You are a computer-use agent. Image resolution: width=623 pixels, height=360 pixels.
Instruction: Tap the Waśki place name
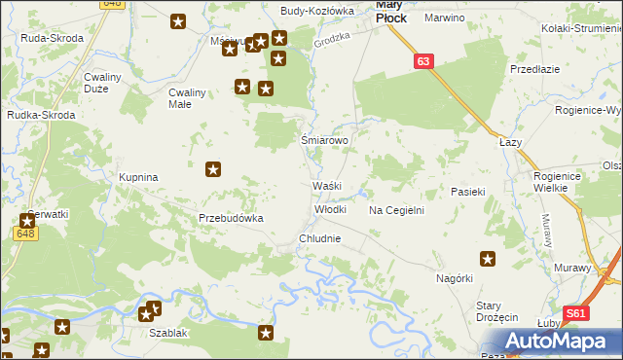click(325, 186)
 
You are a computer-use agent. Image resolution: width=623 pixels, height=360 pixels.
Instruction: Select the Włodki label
click(330, 209)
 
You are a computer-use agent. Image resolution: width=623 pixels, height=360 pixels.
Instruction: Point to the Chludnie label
click(319, 238)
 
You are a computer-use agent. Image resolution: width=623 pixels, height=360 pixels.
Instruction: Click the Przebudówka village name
click(232, 218)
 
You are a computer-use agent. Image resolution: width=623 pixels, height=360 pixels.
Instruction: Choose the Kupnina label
click(138, 178)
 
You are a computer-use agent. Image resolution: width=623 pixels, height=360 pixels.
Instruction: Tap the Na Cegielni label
click(396, 210)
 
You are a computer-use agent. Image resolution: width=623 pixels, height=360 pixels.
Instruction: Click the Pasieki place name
click(467, 193)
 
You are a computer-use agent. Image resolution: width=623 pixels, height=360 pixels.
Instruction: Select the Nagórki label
click(454, 278)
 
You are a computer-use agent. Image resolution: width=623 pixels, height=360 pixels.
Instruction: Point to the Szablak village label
click(167, 332)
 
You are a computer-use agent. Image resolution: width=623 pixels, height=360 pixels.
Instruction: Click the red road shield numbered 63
click(421, 61)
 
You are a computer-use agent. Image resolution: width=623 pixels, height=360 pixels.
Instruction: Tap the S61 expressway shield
click(577, 313)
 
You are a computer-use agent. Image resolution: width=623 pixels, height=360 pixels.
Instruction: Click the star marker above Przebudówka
click(213, 170)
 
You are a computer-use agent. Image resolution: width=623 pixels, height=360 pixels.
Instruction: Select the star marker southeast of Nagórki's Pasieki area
click(488, 259)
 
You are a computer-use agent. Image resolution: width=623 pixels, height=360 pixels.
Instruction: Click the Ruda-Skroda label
click(52, 38)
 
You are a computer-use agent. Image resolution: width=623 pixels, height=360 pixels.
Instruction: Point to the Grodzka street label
click(331, 39)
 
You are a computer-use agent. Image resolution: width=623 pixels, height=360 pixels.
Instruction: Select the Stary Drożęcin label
click(495, 311)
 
